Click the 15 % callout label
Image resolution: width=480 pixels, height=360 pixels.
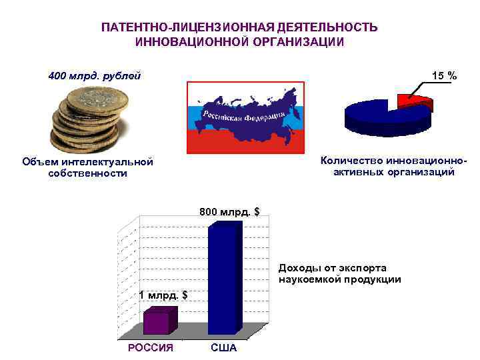[444, 76]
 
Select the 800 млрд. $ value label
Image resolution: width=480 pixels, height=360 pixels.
[229, 212]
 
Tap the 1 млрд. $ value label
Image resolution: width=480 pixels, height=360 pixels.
[163, 295]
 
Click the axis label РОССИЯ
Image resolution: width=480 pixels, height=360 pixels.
[151, 348]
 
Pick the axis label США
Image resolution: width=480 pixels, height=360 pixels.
[223, 348]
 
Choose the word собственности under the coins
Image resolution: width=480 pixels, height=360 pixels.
[87, 173]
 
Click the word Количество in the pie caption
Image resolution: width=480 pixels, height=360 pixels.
[351, 160]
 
